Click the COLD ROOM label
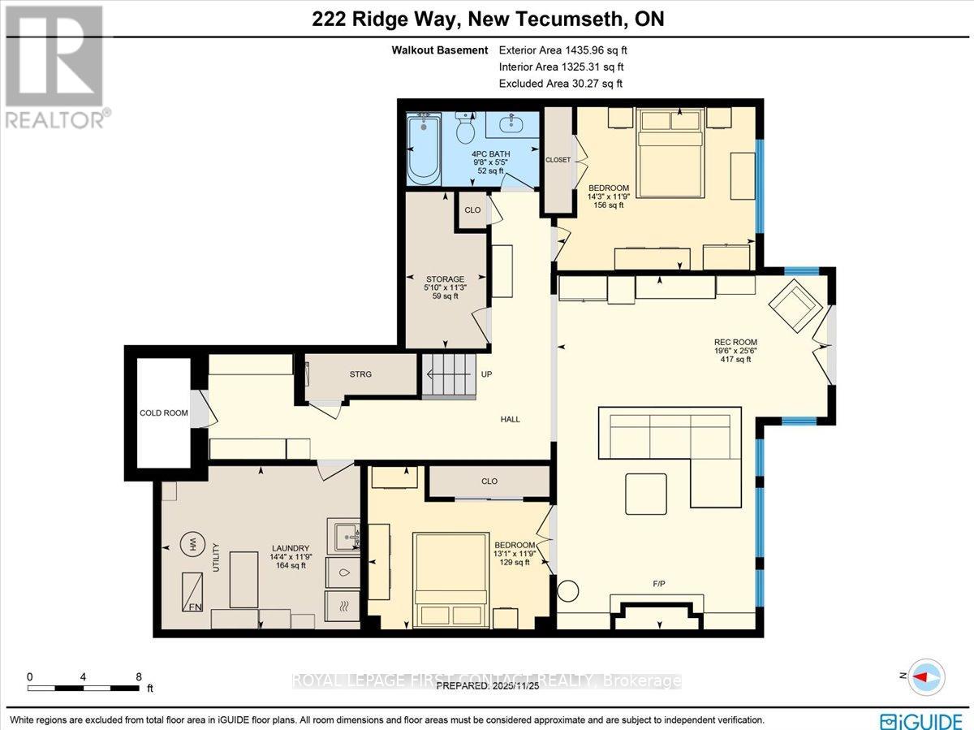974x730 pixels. click(164, 413)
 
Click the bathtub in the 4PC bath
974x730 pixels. click(422, 151)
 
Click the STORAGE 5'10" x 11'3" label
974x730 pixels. click(445, 287)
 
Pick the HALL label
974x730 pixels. click(510, 419)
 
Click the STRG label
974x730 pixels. click(360, 374)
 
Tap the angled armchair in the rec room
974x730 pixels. click(794, 308)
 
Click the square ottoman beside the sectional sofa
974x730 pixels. click(646, 494)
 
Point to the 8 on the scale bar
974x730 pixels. click(139, 676)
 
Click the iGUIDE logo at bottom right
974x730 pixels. click(922, 719)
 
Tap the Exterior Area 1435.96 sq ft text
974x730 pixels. click(562, 50)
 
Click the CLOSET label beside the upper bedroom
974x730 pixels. click(558, 160)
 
